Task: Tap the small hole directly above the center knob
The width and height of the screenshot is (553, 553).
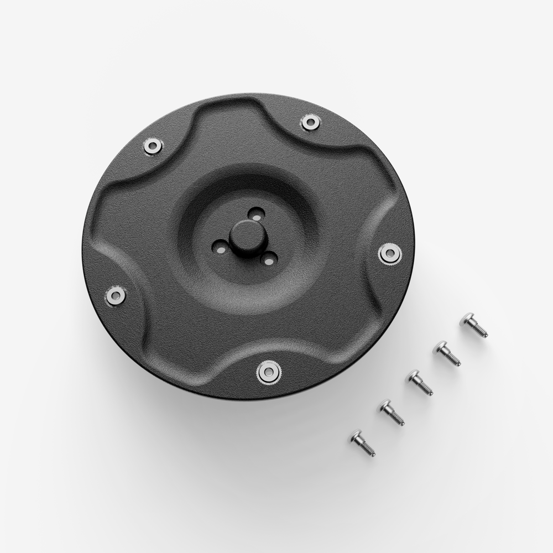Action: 255,213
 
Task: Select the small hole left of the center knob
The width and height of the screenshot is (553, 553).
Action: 220,248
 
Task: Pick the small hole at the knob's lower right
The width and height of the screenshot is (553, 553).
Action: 269,258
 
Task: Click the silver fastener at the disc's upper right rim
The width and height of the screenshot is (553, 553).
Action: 310,122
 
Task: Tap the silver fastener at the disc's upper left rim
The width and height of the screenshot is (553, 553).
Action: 153,146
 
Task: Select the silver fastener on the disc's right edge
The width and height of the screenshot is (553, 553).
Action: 390,253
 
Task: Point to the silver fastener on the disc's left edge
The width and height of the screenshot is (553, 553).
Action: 116,295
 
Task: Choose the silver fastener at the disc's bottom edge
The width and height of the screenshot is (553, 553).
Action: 269,372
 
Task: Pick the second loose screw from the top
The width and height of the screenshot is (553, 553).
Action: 447,353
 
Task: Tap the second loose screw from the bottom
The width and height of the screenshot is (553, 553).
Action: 392,413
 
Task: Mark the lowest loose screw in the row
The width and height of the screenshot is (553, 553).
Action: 363,443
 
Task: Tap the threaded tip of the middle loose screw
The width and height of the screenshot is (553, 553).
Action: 427,390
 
